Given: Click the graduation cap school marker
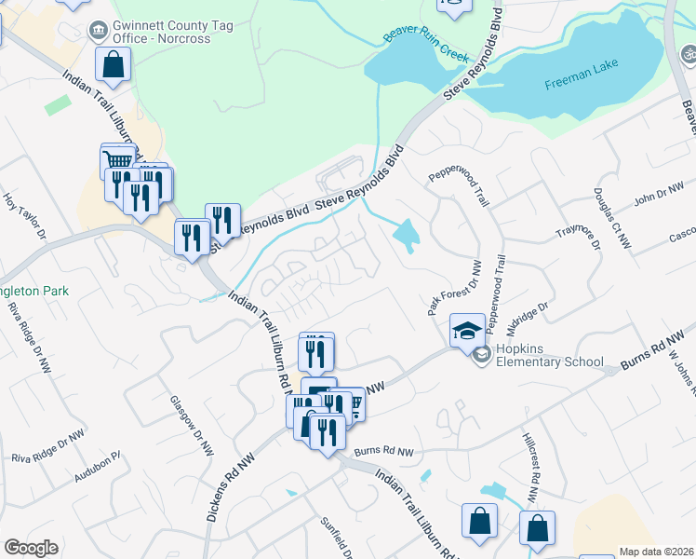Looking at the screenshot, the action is [x=467, y=329].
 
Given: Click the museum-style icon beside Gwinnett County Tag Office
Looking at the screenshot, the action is [x=96, y=31].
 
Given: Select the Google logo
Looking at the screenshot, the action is [x=31, y=548].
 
